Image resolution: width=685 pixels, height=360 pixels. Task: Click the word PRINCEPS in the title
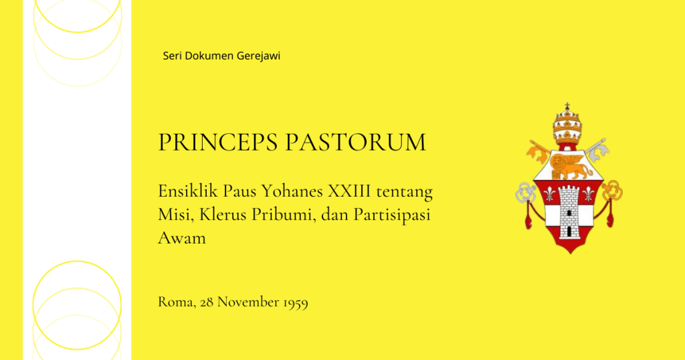pyautogui.click(x=217, y=143)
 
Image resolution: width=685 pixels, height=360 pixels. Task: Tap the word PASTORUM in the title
pyautogui.click(x=356, y=143)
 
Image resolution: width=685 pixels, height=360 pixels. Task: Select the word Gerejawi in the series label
pyautogui.click(x=259, y=56)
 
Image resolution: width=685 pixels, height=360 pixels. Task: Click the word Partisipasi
pyautogui.click(x=392, y=215)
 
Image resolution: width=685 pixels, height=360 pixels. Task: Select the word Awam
pyautogui.click(x=182, y=238)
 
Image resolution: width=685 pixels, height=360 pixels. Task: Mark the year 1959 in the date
pyautogui.click(x=296, y=302)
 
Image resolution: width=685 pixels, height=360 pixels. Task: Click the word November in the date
pyautogui.click(x=248, y=302)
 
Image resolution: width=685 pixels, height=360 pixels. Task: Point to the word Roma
pyautogui.click(x=177, y=302)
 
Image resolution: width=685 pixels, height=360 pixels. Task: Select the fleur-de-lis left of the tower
pyautogui.click(x=549, y=194)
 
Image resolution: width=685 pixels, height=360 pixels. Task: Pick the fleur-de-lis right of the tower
pyautogui.click(x=589, y=194)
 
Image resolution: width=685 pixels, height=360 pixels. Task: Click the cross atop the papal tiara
pyautogui.click(x=567, y=106)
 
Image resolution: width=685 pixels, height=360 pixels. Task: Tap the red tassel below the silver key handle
pyautogui.click(x=528, y=215)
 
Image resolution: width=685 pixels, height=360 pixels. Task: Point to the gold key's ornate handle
pyautogui.click(x=612, y=191)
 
